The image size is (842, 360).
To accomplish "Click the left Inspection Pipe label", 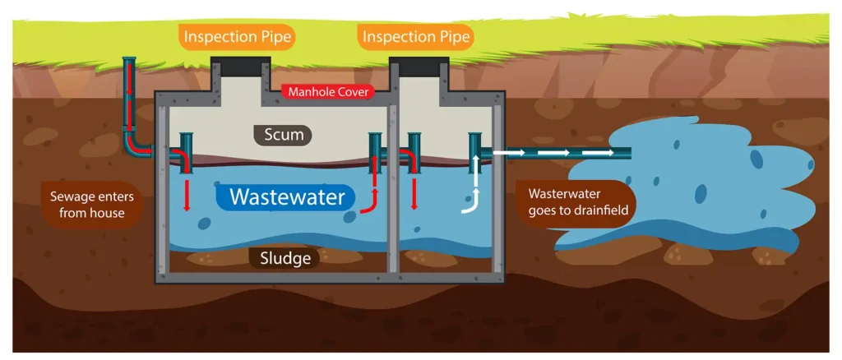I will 238,37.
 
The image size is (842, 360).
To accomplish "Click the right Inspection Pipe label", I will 416,37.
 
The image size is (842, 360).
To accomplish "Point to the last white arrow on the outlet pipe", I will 601,153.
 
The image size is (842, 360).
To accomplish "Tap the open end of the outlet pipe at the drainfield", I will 628,153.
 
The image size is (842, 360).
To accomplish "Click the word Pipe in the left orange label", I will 274,37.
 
